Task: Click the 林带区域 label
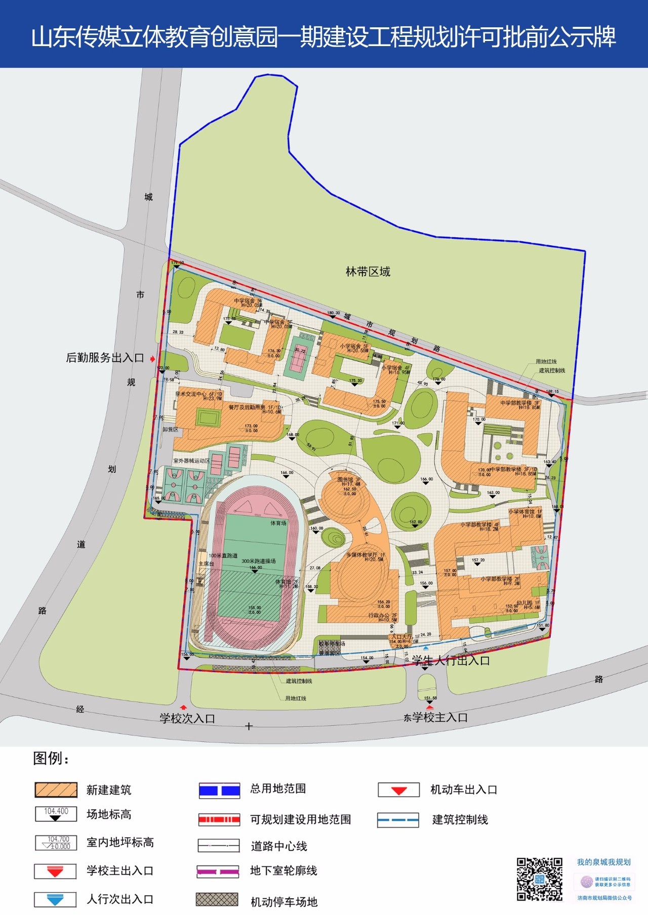pyautogui.click(x=368, y=272)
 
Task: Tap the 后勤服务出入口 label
pyautogui.click(x=105, y=358)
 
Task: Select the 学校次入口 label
pyautogui.click(x=187, y=719)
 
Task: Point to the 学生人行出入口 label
pyautogui.click(x=451, y=661)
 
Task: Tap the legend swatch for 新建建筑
pyautogui.click(x=56, y=790)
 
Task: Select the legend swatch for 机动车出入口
pyautogui.click(x=399, y=790)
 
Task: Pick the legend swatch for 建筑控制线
pyautogui.click(x=398, y=820)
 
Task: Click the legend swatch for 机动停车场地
pyautogui.click(x=217, y=899)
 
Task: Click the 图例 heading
pyautogui.click(x=51, y=759)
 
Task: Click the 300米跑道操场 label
pyautogui.click(x=258, y=561)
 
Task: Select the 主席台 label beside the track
pyautogui.click(x=206, y=564)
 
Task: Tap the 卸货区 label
pyautogui.click(x=171, y=429)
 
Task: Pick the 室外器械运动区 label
pyautogui.click(x=191, y=461)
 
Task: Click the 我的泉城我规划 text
pyautogui.click(x=603, y=862)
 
